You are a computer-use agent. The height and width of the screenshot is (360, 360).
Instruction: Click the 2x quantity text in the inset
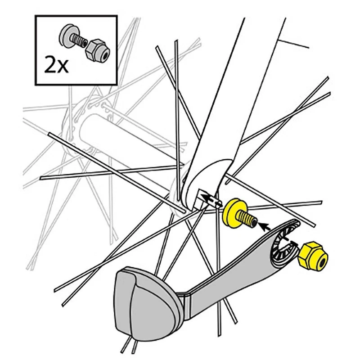coord(56,65)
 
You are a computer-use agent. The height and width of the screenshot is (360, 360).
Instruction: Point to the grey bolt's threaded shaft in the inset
coord(79,42)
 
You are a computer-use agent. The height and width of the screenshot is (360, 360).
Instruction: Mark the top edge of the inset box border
coord(76,16)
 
